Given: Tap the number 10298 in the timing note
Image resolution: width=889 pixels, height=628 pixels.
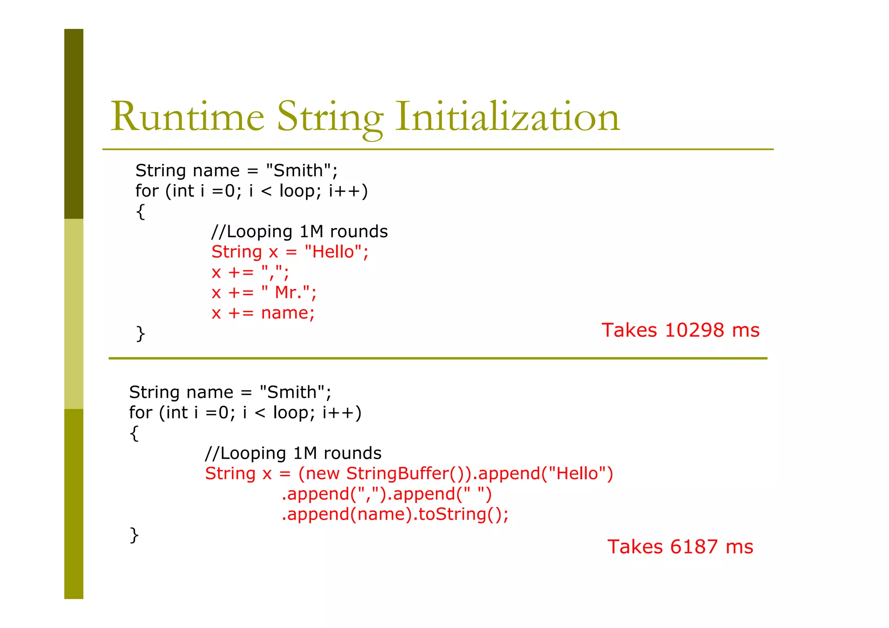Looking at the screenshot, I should coord(694,330).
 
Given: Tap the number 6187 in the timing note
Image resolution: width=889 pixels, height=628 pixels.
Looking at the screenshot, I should coord(693,547).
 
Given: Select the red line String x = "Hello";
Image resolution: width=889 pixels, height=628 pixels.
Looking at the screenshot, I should coord(290,252).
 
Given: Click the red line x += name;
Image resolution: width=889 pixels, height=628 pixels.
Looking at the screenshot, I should coord(263,313).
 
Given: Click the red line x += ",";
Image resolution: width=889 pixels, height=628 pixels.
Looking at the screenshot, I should coord(250,273).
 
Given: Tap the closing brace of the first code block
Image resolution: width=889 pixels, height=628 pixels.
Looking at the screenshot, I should coord(140,333).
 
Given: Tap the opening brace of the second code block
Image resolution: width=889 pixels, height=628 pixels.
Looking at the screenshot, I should coord(134,433).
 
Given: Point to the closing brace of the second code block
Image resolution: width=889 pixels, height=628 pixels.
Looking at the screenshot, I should coord(134,535).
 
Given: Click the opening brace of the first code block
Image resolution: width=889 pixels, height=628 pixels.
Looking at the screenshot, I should coord(140,212).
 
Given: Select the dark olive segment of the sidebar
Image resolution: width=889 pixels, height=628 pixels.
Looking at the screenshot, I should coord(74,124).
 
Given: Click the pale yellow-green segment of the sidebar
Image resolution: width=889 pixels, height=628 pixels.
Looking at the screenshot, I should coord(74,314).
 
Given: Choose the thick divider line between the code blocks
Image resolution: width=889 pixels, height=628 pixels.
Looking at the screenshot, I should coord(438,358).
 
